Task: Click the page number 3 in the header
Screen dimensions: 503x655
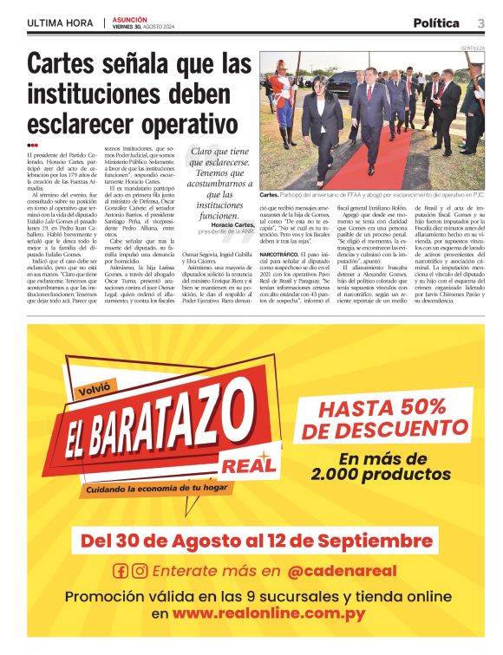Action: click(480, 23)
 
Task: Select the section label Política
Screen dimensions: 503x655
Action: click(436, 23)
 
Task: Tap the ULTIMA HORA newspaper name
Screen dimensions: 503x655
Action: click(62, 23)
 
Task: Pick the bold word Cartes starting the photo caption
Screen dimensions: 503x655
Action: click(270, 197)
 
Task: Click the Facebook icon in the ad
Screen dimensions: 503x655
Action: click(121, 571)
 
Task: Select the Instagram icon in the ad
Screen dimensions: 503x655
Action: click(139, 571)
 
